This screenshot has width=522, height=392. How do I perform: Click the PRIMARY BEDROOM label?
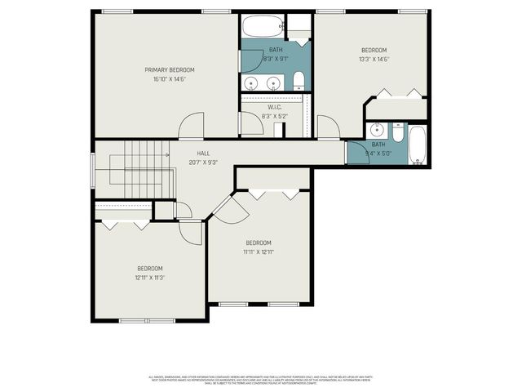tap(170, 70)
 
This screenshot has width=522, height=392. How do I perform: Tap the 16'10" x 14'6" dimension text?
tap(170, 79)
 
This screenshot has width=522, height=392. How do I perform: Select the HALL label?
tap(203, 153)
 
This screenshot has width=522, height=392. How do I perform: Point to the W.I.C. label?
tap(274, 107)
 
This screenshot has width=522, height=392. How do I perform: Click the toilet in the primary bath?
tap(299, 80)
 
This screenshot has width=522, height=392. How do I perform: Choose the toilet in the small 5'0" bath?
tap(397, 131)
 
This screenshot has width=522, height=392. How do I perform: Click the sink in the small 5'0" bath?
tap(378, 131)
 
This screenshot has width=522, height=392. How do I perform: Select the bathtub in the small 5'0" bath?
tap(417, 145)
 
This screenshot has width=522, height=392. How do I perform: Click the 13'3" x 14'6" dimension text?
tap(374, 59)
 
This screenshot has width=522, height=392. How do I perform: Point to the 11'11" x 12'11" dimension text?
tap(259, 252)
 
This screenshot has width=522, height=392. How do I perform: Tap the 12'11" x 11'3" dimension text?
tap(150, 278)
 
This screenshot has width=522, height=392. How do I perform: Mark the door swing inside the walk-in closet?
tap(246, 123)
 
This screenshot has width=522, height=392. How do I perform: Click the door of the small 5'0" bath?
tap(357, 153)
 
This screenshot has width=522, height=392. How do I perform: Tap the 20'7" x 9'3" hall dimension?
tap(203, 162)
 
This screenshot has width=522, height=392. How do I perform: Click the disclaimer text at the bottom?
tap(260, 380)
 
